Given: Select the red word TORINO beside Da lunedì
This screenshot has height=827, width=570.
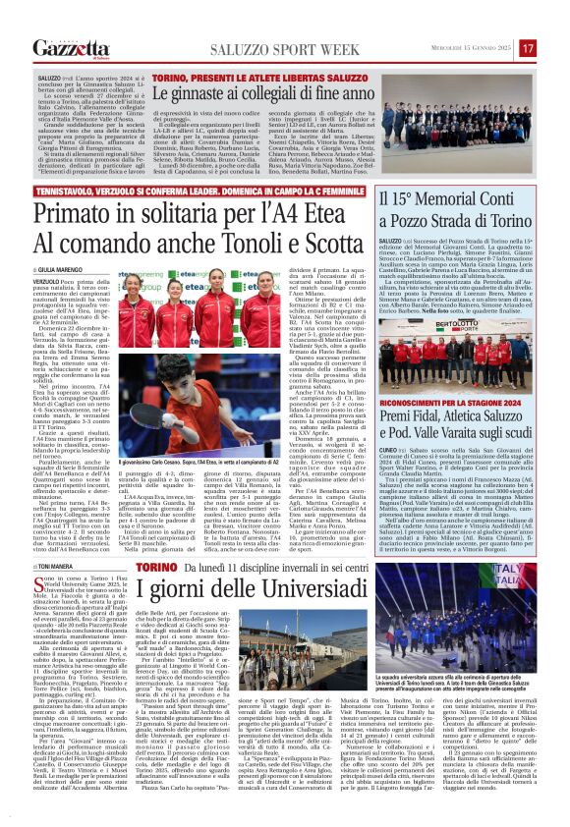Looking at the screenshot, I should click(157, 568).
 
